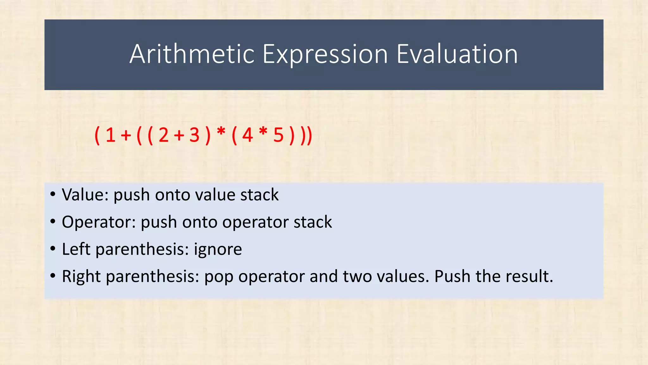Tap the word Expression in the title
325,55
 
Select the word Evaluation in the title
457,54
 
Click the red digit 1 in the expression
110,135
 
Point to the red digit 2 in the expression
164,135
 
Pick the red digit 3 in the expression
194,135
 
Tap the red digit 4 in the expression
247,135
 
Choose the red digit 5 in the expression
278,135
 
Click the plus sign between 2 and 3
179,136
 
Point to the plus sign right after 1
126,136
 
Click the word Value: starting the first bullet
85,195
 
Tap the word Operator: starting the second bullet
99,222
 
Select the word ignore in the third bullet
218,249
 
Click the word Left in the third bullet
76,249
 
